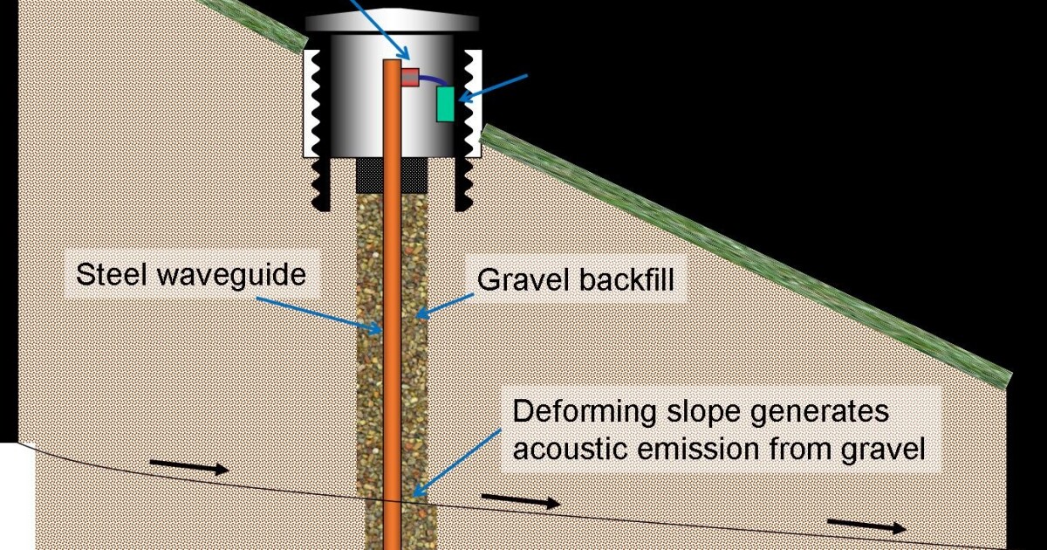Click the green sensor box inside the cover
click(x=446, y=103)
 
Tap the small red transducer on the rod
click(x=411, y=77)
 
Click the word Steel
click(x=108, y=275)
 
